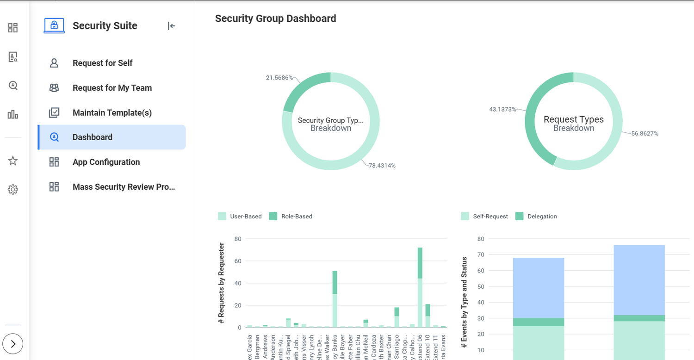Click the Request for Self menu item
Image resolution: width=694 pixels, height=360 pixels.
(102, 63)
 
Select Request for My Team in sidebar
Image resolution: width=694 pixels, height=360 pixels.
(112, 88)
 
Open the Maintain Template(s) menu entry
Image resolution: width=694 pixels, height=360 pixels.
(112, 112)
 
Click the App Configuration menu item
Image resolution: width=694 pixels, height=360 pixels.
(106, 162)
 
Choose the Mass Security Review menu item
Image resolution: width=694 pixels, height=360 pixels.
(124, 187)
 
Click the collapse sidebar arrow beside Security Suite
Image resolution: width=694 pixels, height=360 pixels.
(172, 26)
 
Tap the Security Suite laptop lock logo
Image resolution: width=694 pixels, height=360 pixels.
(54, 25)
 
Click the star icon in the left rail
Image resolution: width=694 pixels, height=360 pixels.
(13, 161)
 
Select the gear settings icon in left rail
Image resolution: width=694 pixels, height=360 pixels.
(13, 189)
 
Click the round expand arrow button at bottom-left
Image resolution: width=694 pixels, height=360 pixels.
(13, 344)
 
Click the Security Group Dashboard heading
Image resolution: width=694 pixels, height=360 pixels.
(275, 19)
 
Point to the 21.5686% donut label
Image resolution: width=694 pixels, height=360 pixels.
(279, 78)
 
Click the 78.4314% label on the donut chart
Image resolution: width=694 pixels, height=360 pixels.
(382, 166)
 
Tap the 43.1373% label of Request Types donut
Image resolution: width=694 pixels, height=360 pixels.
(502, 110)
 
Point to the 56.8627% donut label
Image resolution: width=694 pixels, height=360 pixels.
(644, 133)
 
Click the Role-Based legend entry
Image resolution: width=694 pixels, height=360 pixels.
(291, 216)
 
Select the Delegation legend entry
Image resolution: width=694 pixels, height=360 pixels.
(536, 216)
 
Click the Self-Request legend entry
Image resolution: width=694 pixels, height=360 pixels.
(484, 216)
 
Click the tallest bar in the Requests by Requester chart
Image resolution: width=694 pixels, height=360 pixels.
(420, 287)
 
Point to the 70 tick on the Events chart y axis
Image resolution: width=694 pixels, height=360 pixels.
(480, 255)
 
